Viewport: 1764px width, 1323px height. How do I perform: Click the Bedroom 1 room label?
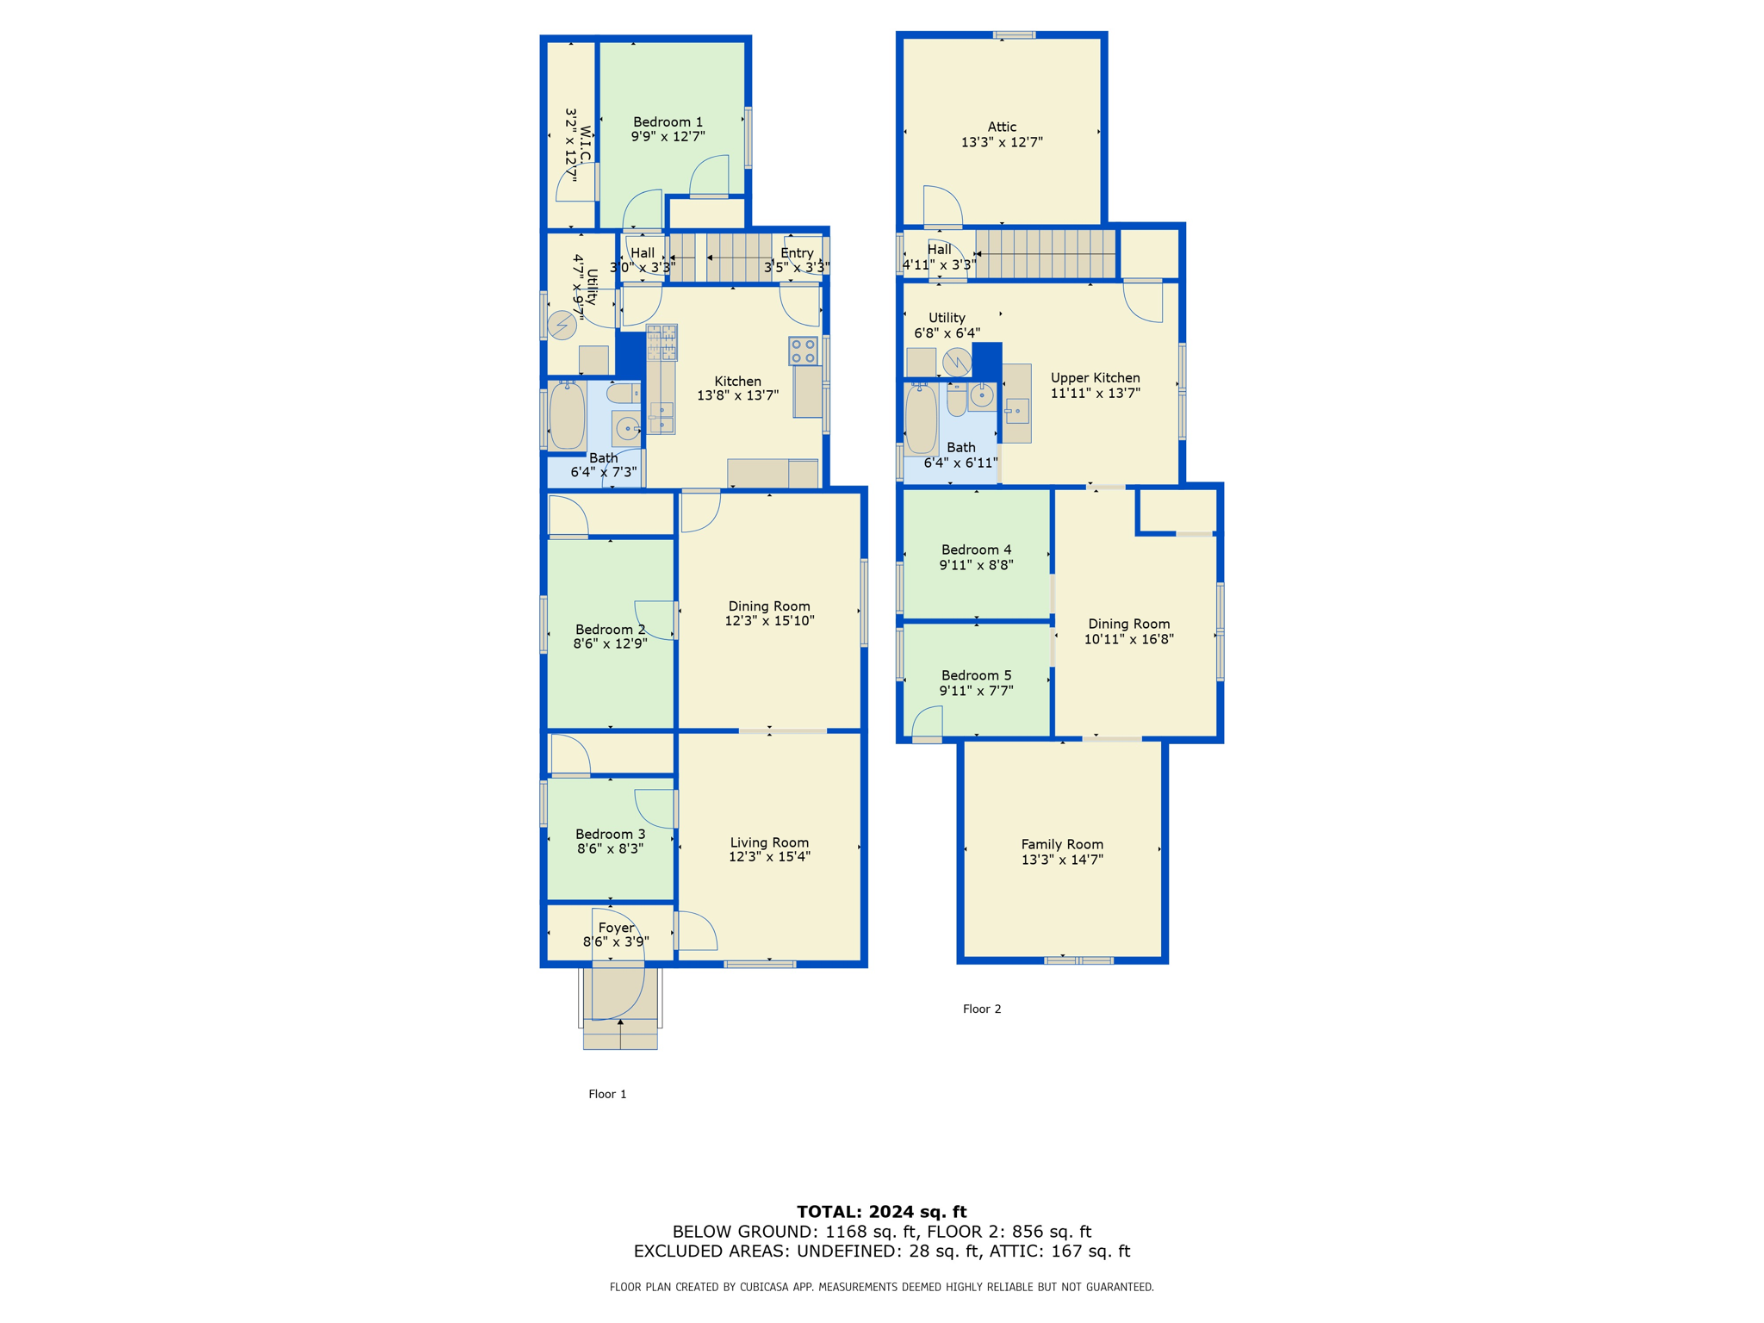click(668, 122)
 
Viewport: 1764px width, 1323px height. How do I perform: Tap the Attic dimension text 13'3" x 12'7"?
click(1002, 142)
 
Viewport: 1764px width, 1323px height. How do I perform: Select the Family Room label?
click(1062, 845)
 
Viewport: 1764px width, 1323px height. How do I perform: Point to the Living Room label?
click(769, 843)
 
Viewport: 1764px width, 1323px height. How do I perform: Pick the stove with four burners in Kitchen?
click(803, 351)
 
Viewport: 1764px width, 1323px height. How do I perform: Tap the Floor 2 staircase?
click(1046, 253)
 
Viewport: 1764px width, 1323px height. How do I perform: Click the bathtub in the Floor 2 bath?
click(921, 419)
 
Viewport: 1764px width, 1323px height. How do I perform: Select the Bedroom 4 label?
click(976, 550)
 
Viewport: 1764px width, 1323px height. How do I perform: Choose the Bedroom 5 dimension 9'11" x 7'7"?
click(976, 691)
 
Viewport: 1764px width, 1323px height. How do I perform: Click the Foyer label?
click(616, 928)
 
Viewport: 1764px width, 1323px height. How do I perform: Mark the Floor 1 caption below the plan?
click(607, 1094)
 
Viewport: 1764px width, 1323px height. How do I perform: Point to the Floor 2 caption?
click(982, 1009)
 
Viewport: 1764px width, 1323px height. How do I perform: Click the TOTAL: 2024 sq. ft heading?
click(882, 1212)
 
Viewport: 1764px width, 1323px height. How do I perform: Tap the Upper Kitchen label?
click(1095, 378)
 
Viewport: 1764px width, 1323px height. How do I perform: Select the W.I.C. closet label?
click(586, 145)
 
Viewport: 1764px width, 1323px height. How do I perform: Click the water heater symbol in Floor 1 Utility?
click(562, 326)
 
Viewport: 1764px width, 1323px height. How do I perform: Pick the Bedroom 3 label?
click(610, 834)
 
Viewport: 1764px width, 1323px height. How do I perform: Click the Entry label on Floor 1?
click(797, 253)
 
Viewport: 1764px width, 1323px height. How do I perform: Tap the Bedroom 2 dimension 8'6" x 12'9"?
click(610, 643)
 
